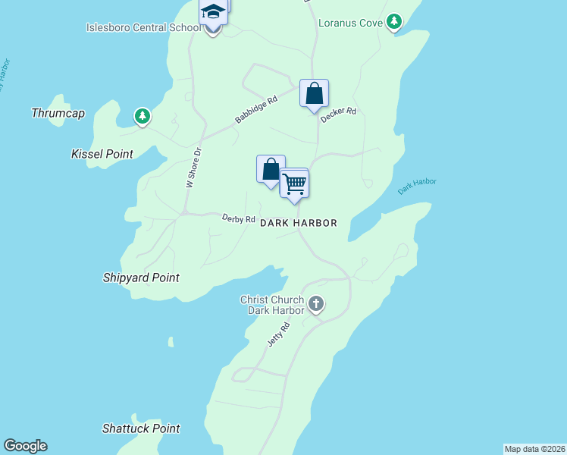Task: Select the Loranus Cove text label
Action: click(351, 23)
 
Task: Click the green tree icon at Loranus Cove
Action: click(393, 22)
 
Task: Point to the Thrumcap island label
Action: click(58, 113)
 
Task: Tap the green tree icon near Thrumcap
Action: click(142, 117)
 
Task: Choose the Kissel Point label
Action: click(102, 154)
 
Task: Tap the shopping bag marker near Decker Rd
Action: click(314, 94)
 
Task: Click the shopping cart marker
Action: click(294, 183)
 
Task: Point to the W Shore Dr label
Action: click(194, 168)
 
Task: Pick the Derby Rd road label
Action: click(238, 219)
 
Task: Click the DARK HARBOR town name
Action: click(298, 223)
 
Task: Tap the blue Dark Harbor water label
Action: click(417, 187)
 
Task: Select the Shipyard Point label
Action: click(141, 278)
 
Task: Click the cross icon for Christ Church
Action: click(316, 305)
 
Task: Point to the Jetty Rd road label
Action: click(279, 335)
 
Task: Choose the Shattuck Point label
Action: click(141, 428)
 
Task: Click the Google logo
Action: click(25, 446)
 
